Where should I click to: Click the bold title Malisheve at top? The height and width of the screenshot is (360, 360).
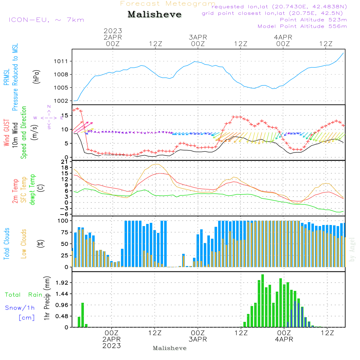154,15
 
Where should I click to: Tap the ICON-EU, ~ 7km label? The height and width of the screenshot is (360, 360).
46,20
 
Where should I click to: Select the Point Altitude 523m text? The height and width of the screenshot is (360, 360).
313,20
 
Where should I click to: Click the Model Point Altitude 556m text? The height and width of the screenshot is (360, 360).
302,26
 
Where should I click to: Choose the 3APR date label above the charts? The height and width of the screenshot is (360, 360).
198,37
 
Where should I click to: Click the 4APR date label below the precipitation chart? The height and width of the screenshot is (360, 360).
284,339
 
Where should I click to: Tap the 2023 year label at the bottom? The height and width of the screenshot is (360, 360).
112,346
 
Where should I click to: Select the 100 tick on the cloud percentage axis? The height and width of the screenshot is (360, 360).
63,221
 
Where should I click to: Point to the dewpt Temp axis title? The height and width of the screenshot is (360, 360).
33,190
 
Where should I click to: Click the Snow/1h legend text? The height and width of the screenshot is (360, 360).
20,308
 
